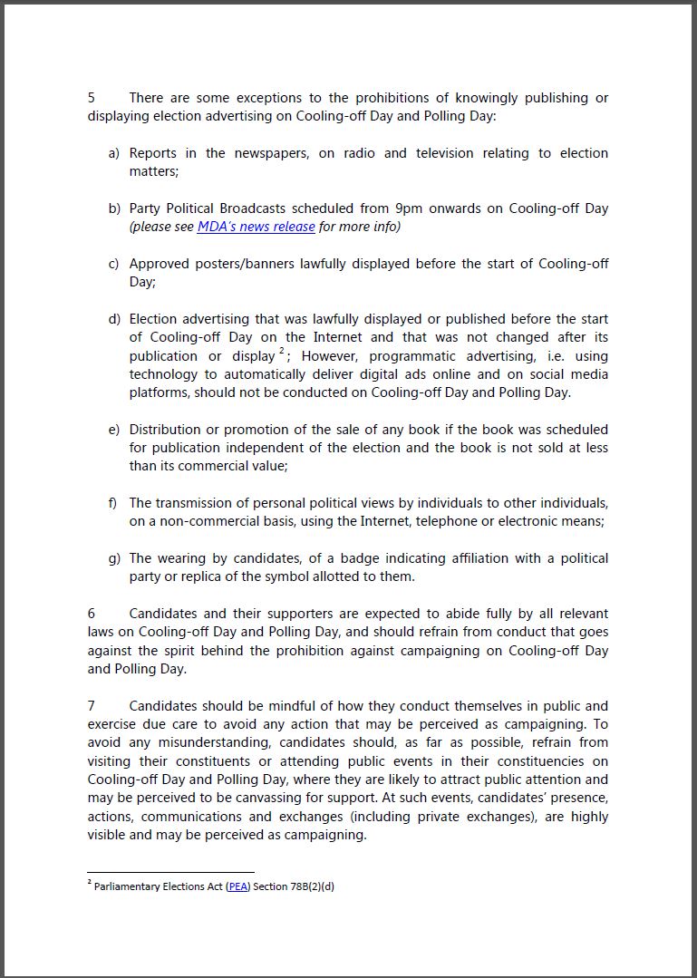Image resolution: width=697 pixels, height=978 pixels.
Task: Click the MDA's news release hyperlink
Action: pos(257,227)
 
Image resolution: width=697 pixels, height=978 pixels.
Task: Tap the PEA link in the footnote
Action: pos(237,886)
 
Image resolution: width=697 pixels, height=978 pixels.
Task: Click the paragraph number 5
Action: pos(92,98)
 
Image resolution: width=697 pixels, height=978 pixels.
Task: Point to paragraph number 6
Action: pos(92,614)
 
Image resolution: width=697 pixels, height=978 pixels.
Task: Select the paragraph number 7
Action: pos(92,706)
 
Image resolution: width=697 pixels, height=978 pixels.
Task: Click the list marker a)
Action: pos(114,153)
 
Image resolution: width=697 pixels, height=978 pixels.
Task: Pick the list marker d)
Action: pos(114,319)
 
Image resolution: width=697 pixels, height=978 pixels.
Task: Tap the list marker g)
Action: pos(114,558)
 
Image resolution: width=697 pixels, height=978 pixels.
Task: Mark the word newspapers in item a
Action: pos(268,153)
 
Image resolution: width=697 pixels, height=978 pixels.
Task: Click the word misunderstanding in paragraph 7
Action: pos(190,743)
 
